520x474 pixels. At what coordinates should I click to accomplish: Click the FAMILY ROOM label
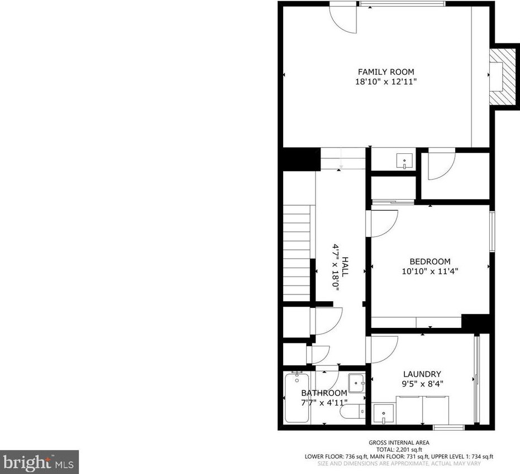click(x=386, y=71)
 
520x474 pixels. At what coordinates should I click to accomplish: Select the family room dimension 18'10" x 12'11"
click(x=386, y=81)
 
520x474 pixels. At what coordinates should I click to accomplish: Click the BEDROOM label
click(x=430, y=262)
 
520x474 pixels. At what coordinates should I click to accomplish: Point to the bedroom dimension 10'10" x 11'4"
click(x=430, y=272)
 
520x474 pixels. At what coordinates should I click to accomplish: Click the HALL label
click(x=345, y=267)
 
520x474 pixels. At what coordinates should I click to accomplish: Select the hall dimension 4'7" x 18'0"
click(x=336, y=267)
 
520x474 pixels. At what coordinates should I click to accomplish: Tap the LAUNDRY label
click(x=422, y=374)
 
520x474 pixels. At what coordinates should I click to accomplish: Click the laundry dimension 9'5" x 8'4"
click(x=422, y=384)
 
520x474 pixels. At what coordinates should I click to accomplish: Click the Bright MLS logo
click(x=39, y=462)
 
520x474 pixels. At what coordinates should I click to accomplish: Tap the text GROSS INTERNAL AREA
click(x=399, y=443)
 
